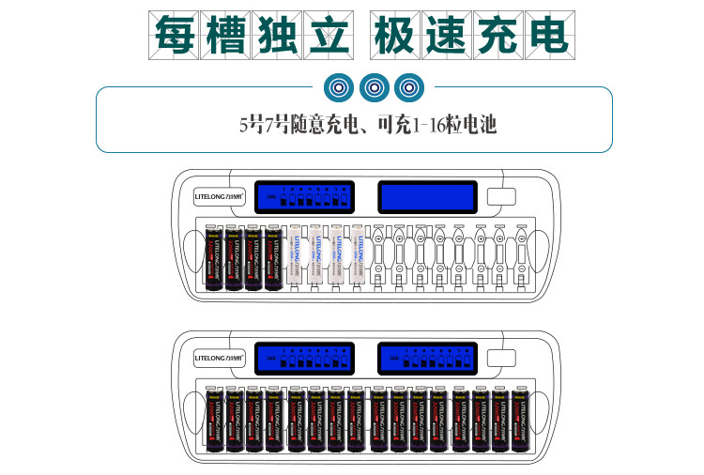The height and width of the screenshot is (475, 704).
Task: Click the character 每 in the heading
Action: click(x=175, y=36)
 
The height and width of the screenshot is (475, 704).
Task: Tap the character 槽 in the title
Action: click(x=225, y=36)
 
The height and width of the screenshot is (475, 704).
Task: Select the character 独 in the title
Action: click(x=276, y=36)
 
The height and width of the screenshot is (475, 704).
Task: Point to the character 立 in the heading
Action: click(x=327, y=36)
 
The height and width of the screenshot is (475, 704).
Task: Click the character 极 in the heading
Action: click(x=395, y=36)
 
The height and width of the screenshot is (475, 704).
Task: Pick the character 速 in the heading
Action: click(x=446, y=36)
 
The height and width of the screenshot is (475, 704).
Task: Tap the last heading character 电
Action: click(x=547, y=36)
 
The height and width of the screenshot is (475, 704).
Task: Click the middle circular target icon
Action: click(x=374, y=88)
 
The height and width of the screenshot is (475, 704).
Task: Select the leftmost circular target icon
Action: click(x=339, y=88)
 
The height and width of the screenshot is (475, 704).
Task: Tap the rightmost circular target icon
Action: click(x=407, y=88)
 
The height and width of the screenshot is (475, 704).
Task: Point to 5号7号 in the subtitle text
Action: click(x=266, y=124)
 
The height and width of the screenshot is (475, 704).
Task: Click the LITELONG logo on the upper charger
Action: click(x=219, y=198)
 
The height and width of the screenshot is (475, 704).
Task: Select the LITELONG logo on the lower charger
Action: click(x=219, y=358)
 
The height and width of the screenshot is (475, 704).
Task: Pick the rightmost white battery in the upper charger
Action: click(x=357, y=254)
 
